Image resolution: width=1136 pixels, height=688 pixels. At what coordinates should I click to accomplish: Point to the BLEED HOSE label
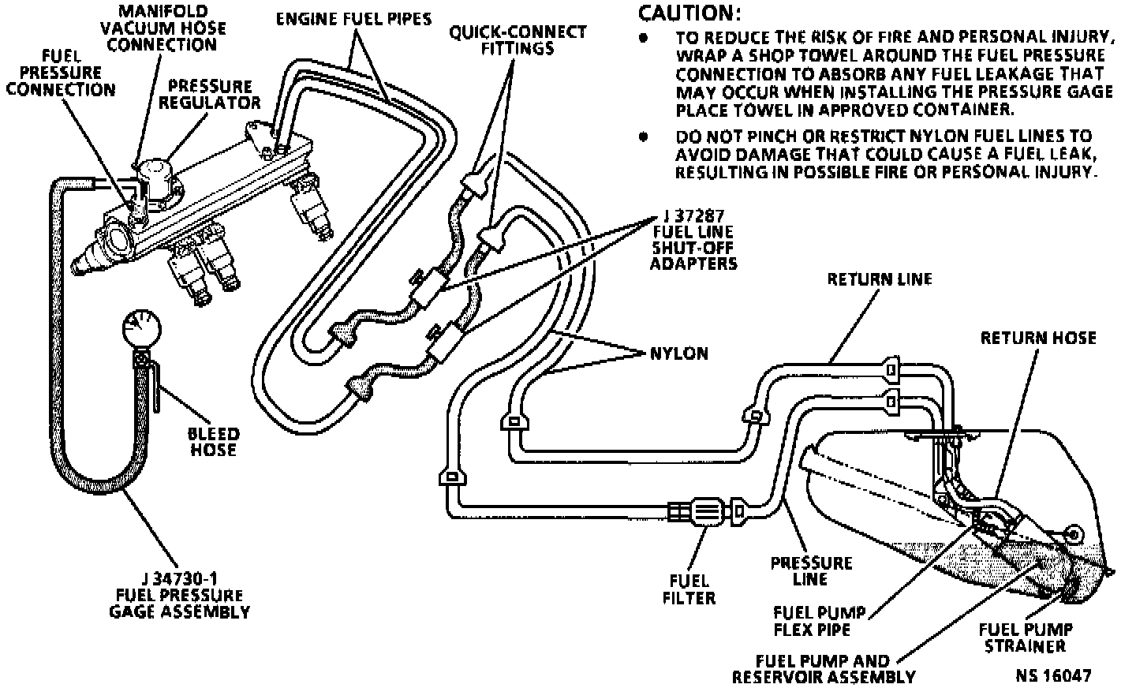pyautogui.click(x=213, y=442)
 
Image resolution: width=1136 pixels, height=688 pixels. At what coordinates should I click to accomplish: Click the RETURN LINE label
pyautogui.click(x=879, y=279)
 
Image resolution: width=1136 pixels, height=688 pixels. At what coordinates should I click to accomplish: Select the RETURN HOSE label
pyautogui.click(x=1037, y=338)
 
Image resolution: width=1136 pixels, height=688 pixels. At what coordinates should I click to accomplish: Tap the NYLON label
pyautogui.click(x=679, y=353)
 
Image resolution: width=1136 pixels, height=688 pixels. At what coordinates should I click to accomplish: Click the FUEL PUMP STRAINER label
pyautogui.click(x=1025, y=638)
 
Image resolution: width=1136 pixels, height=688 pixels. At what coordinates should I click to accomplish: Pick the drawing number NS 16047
pyautogui.click(x=1053, y=676)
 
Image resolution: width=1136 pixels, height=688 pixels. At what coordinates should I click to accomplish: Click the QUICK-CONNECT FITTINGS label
pyautogui.click(x=518, y=40)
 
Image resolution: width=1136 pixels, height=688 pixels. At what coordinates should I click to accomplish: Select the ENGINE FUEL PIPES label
pyautogui.click(x=353, y=18)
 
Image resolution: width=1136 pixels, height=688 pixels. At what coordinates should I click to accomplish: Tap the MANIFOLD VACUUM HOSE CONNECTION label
pyautogui.click(x=163, y=28)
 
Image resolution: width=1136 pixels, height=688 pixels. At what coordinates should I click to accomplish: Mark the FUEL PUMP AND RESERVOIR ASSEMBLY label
pyautogui.click(x=823, y=669)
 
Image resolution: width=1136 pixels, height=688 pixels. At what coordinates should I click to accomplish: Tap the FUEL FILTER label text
pyautogui.click(x=689, y=589)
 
